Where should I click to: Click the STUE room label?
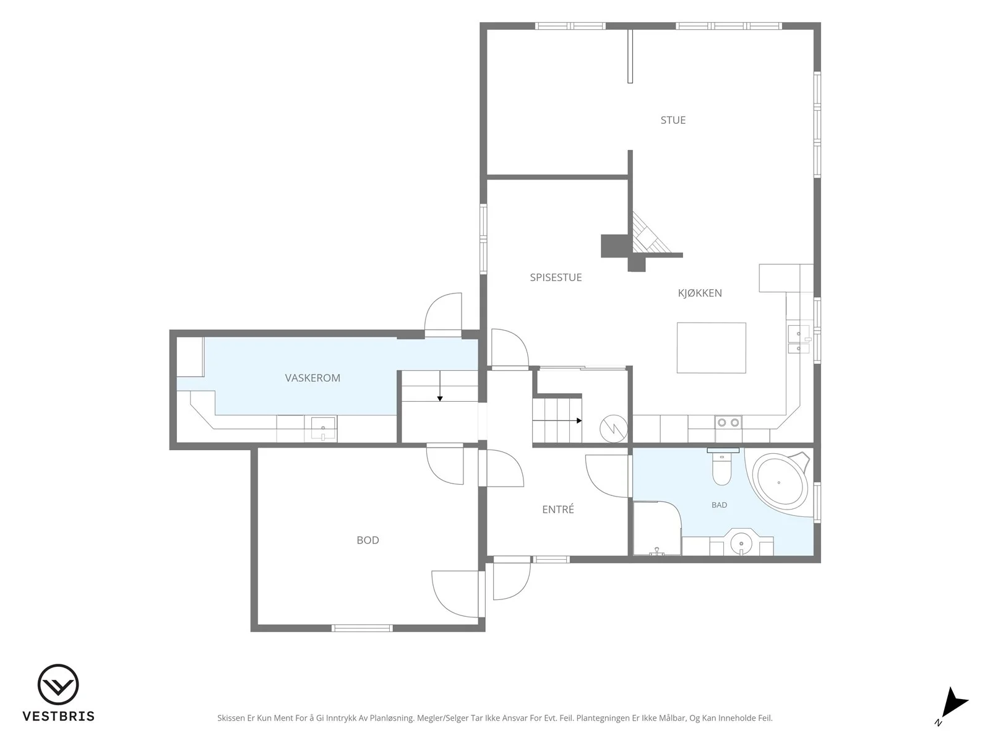tap(673, 120)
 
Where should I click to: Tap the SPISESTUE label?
tap(556, 277)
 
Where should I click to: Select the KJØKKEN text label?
tap(700, 293)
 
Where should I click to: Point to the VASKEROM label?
tap(312, 378)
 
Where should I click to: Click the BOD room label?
tap(368, 540)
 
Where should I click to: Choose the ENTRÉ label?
tap(558, 510)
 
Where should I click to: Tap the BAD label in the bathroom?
tap(720, 505)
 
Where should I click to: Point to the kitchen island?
tap(712, 348)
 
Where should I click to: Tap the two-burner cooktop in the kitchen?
tap(728, 423)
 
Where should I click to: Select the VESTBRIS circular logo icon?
tap(58, 684)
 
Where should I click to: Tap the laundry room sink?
tap(323, 428)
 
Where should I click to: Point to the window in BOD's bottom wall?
tap(362, 628)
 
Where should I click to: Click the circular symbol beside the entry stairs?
tap(613, 428)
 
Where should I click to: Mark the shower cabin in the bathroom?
tap(656, 528)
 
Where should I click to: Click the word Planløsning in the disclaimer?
tap(392, 718)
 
